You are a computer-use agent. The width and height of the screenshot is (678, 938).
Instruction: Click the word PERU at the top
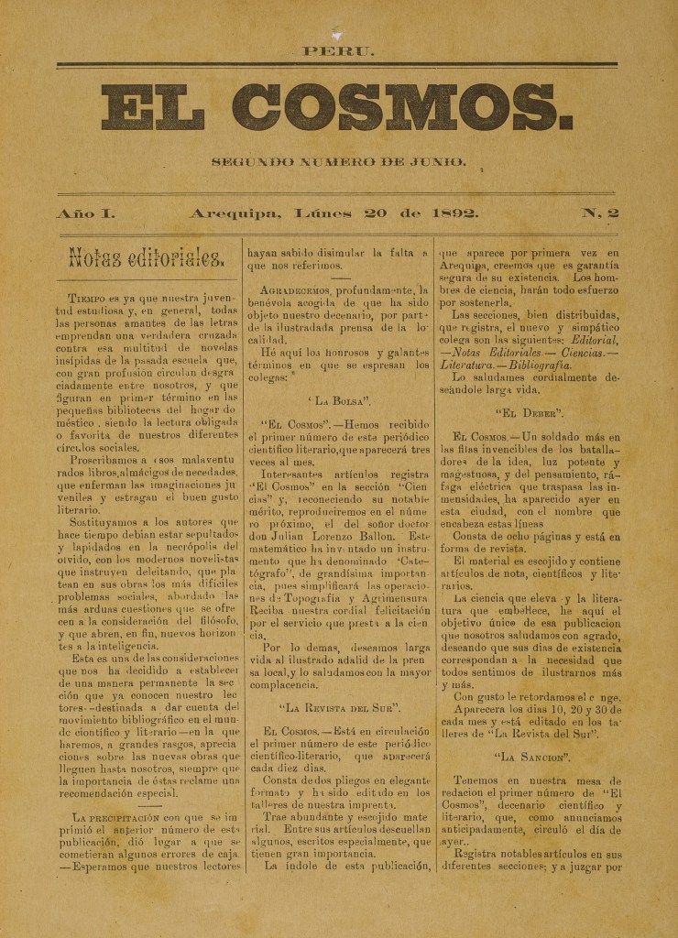(x=338, y=51)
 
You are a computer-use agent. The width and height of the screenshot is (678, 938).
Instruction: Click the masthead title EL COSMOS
(x=338, y=108)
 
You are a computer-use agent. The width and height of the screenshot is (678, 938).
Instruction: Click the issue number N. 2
(x=600, y=213)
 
